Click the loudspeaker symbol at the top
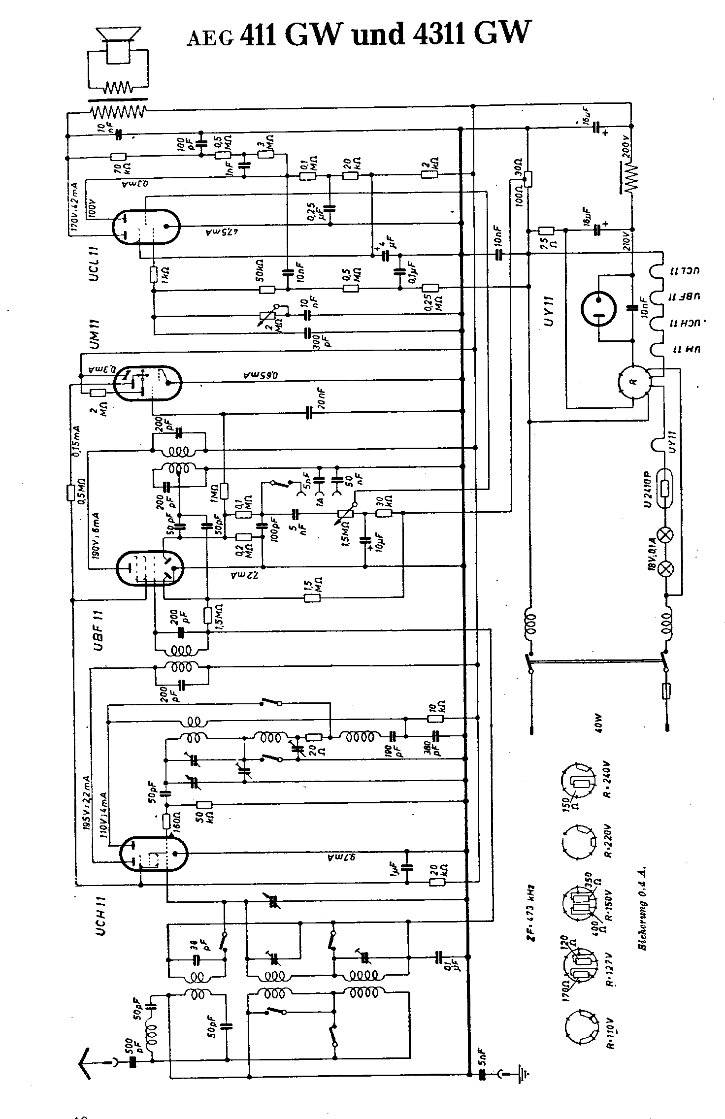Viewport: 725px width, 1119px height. (117, 47)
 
